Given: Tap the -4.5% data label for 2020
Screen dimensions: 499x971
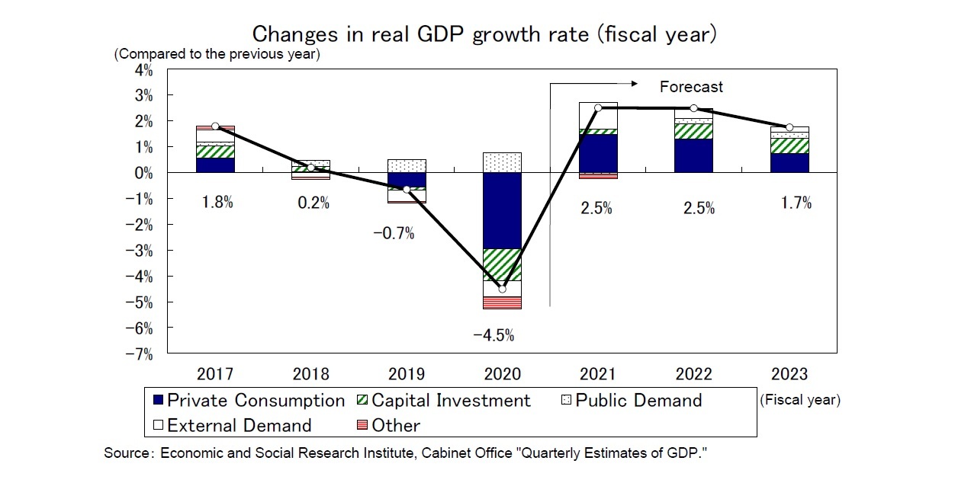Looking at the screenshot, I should tap(494, 334).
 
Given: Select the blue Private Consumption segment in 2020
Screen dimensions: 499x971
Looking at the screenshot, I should tap(502, 211).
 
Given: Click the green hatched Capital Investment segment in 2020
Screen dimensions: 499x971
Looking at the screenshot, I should tap(502, 264).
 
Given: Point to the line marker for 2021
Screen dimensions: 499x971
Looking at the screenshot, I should tap(597, 108).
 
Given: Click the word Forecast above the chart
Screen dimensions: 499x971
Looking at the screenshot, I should tap(691, 87).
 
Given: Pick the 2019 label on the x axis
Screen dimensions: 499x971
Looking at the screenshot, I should tap(407, 374).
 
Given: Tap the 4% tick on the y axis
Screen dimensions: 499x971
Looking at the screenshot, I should tap(143, 70).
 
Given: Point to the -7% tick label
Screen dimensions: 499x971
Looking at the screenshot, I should tap(140, 354).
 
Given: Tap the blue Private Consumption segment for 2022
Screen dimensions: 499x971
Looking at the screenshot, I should tap(693, 156).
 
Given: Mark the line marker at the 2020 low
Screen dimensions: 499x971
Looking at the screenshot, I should tap(502, 289).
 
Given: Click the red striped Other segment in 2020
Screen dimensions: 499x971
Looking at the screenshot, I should tap(502, 302).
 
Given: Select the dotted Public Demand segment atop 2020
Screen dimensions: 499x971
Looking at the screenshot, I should tap(502, 162).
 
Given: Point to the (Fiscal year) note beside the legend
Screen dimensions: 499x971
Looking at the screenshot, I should tap(799, 400).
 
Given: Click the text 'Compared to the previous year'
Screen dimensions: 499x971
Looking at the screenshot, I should tap(217, 55).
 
